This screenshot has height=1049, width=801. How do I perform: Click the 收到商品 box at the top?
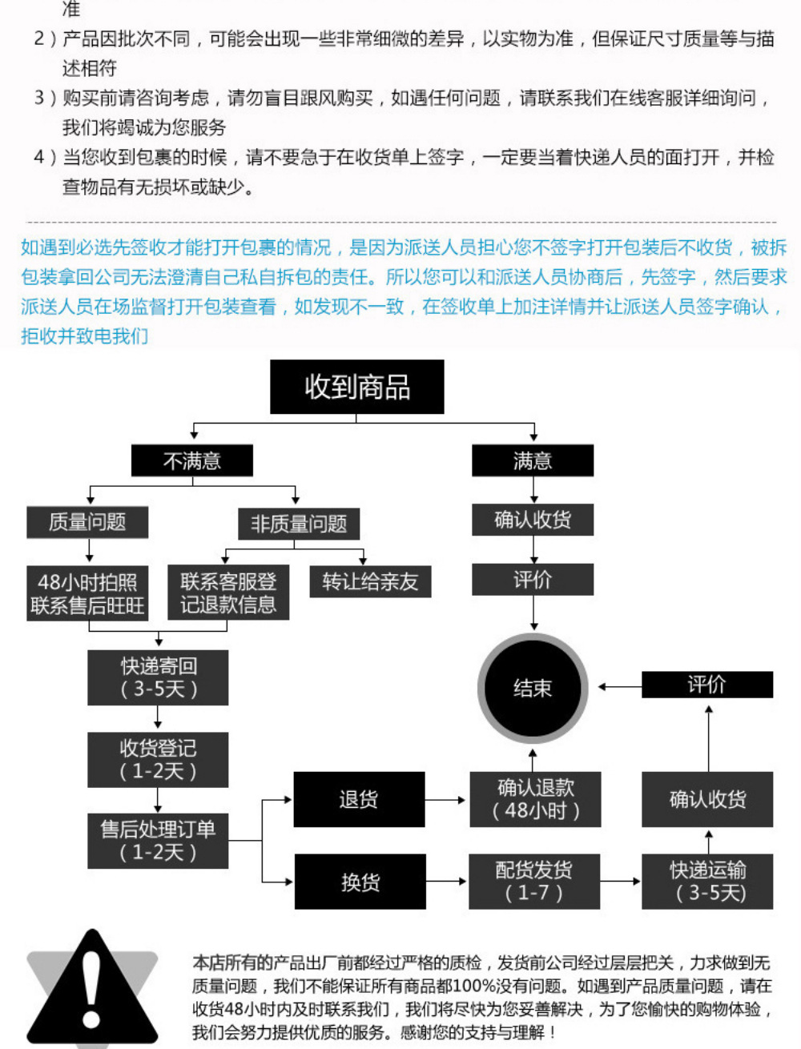(357, 387)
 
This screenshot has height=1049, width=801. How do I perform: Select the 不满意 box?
(192, 460)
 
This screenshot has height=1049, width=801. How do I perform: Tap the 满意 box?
(533, 460)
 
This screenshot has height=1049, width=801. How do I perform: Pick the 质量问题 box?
(87, 522)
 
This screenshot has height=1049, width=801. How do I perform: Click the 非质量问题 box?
(299, 524)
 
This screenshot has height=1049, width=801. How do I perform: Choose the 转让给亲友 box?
(370, 581)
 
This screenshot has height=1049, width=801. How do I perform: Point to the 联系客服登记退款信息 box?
(228, 593)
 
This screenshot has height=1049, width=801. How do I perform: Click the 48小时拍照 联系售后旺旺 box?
(87, 593)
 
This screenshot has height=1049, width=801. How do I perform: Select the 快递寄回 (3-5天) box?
(158, 677)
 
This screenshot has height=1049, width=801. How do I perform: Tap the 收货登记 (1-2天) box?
(158, 759)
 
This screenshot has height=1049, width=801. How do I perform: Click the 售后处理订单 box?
(158, 841)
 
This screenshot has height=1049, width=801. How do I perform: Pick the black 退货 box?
(359, 799)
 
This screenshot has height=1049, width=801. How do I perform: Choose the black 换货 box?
(360, 882)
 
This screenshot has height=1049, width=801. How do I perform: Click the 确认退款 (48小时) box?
(534, 799)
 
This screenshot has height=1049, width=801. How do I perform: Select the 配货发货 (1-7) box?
(534, 882)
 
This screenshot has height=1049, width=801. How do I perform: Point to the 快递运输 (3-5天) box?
(707, 882)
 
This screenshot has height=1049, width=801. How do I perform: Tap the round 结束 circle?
(533, 689)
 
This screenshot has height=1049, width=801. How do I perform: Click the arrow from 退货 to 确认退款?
(446, 799)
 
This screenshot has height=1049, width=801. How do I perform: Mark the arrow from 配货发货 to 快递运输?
(621, 882)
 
